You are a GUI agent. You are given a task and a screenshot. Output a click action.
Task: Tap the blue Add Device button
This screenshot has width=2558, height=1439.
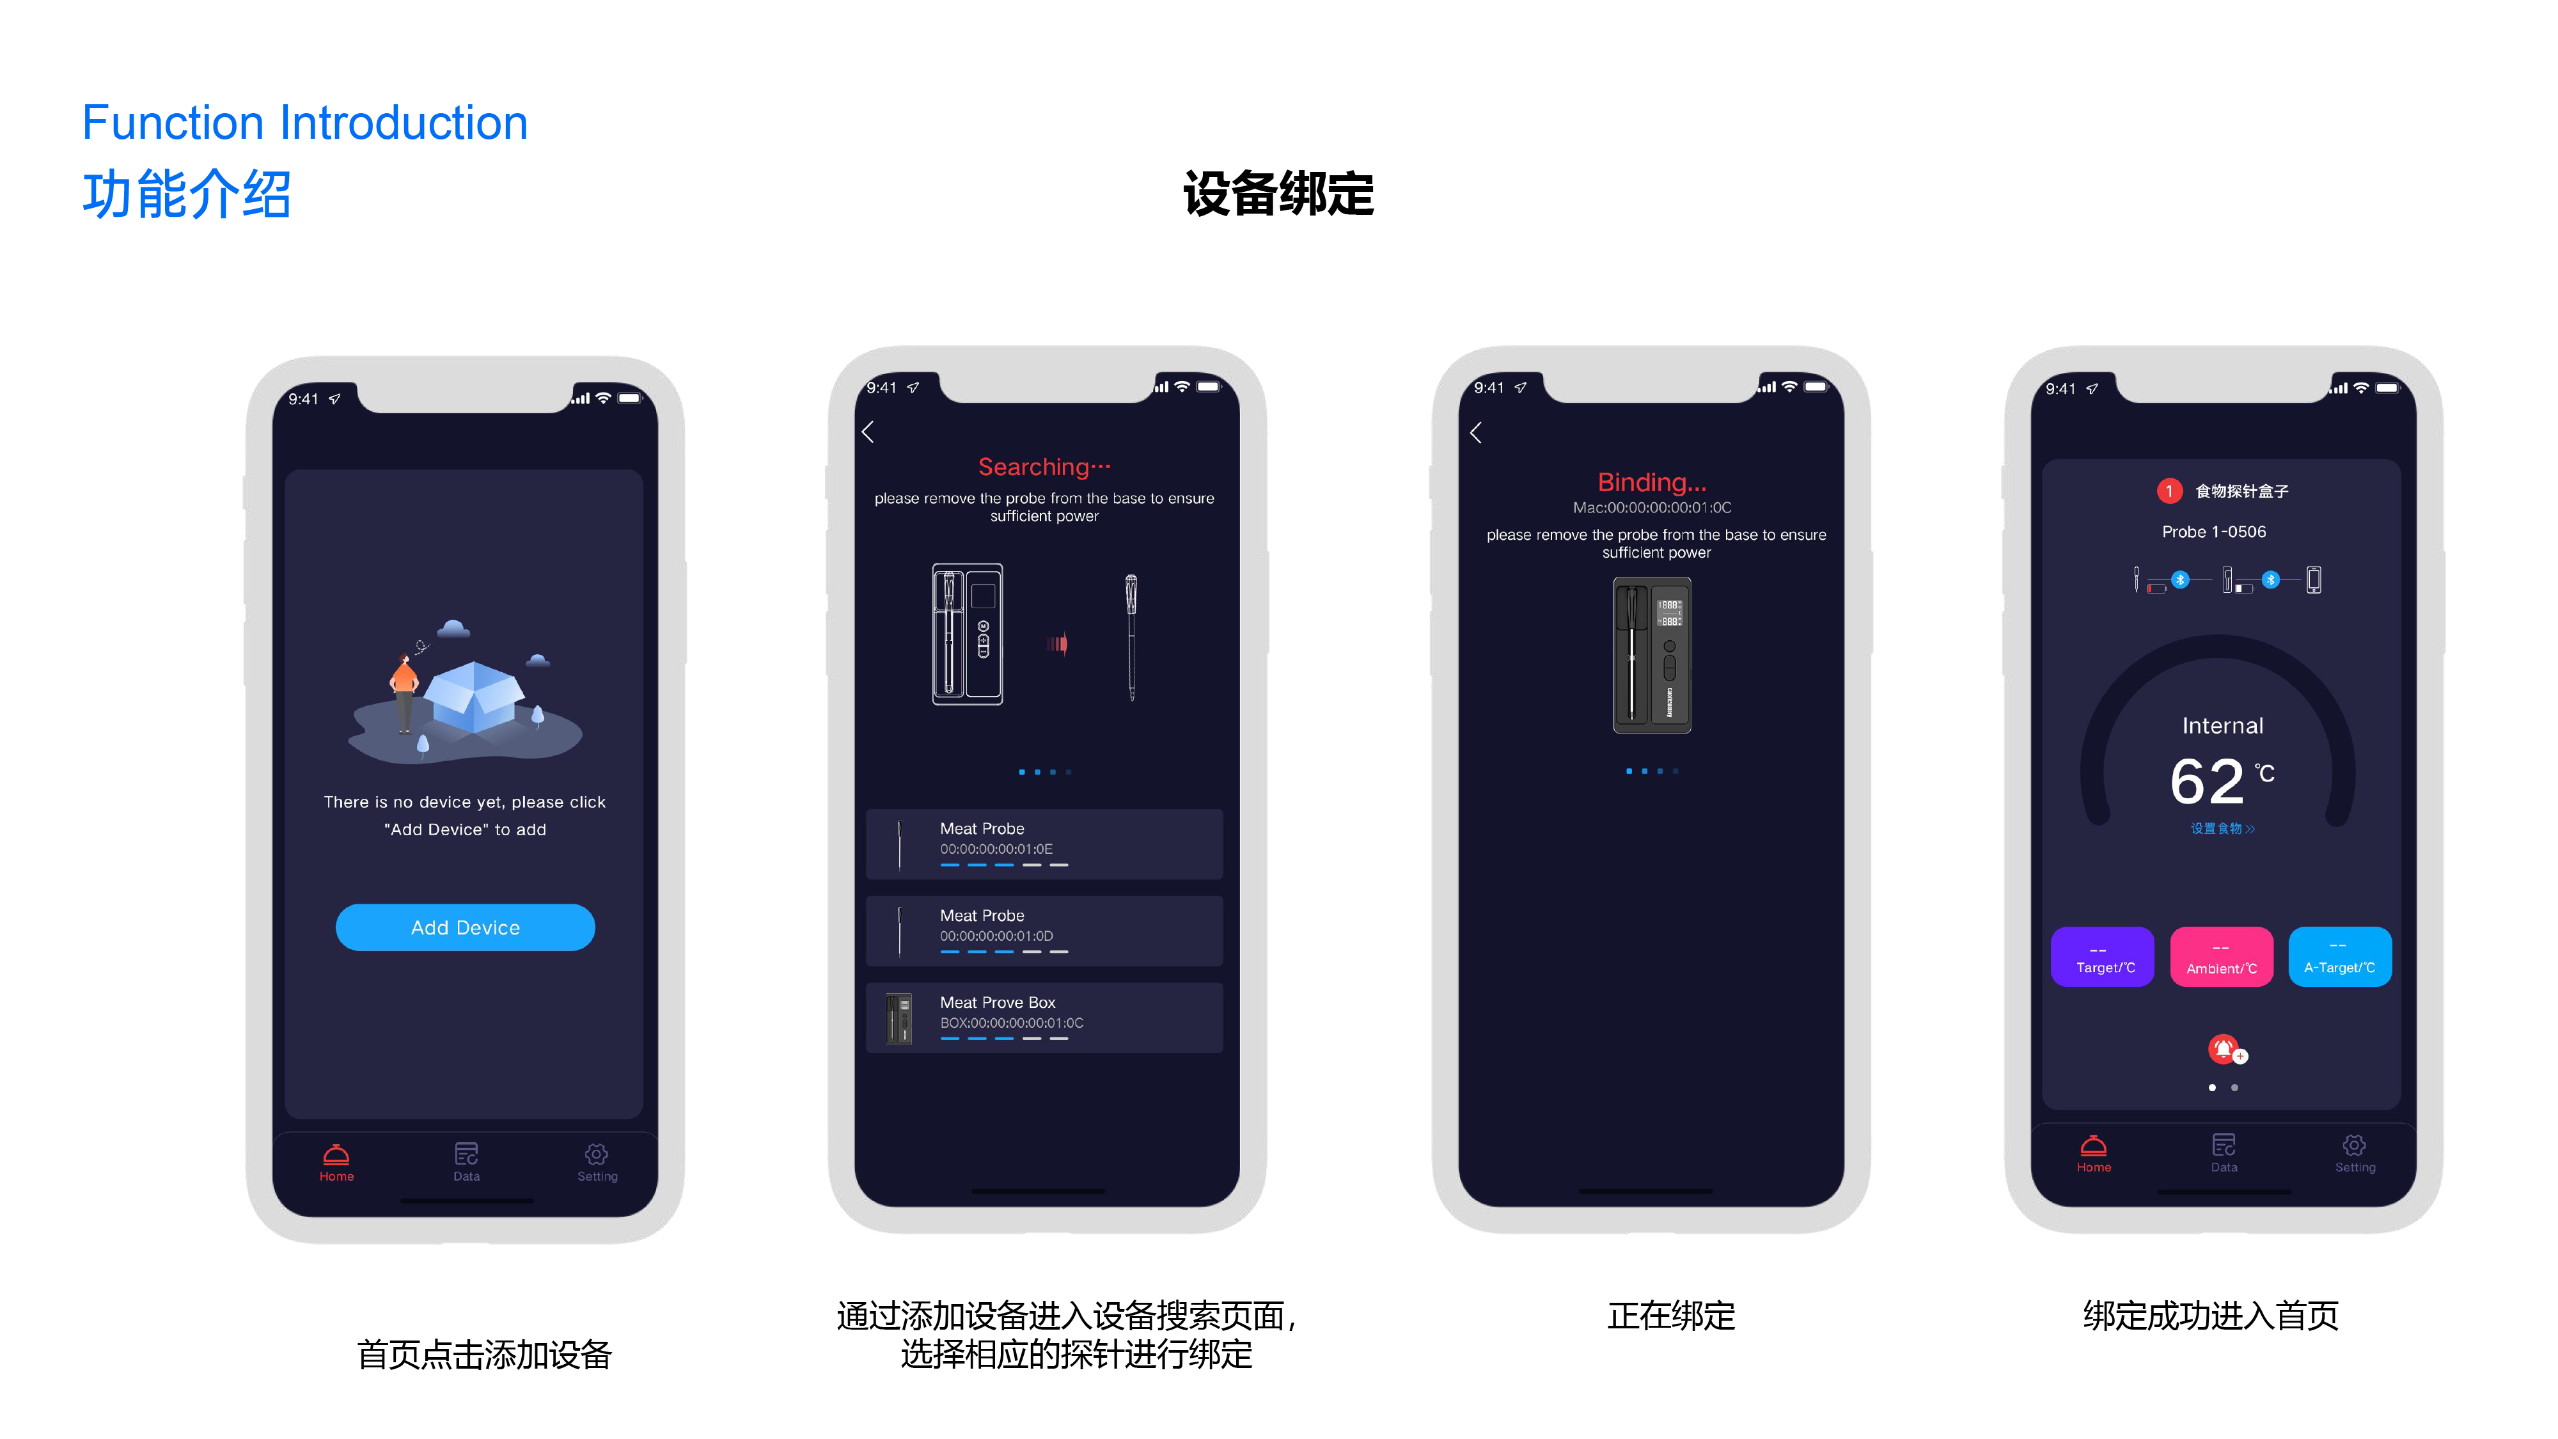[465, 927]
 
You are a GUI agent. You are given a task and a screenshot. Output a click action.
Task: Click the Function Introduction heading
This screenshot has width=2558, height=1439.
[305, 123]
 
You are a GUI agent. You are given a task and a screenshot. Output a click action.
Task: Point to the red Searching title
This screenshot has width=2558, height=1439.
[1044, 467]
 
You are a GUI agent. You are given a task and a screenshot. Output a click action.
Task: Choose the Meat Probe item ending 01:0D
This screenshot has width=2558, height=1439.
[1044, 931]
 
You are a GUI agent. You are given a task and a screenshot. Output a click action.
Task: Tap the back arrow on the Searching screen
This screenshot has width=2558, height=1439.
[868, 431]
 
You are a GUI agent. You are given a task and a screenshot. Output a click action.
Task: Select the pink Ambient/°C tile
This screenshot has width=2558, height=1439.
[2222, 956]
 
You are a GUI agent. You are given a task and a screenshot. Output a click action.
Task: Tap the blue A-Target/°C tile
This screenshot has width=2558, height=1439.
[2339, 956]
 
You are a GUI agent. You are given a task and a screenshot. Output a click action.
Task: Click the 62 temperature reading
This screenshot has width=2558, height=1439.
[2206, 782]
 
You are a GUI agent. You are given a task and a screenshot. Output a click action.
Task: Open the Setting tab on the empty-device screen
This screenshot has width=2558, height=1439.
[597, 1161]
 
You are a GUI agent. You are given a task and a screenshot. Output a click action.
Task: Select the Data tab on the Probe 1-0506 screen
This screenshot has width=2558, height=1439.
[2224, 1152]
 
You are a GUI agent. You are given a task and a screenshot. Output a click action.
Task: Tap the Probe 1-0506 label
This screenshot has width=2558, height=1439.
[2213, 531]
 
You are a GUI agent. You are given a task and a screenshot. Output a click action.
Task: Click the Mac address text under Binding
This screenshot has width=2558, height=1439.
[1651, 507]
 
